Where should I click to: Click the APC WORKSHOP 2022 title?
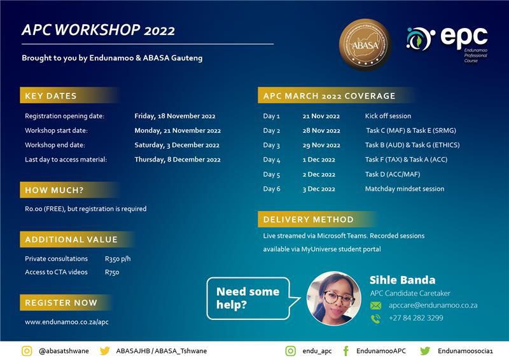click(98, 31)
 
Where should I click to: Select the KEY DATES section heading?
click(51, 96)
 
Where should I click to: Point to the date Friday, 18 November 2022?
click(175, 116)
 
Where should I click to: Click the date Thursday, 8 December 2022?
click(178, 160)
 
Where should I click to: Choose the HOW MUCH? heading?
click(54, 190)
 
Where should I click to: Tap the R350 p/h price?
click(118, 259)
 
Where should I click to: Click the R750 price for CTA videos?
click(112, 272)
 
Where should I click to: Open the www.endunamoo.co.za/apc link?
click(67, 322)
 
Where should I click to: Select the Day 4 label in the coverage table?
click(272, 160)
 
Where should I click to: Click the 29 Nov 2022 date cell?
click(321, 145)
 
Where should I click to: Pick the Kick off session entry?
click(388, 116)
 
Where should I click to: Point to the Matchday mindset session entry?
click(405, 189)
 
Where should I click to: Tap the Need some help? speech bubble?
click(248, 298)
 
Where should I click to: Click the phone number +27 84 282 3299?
click(416, 318)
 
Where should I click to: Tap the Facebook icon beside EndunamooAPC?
click(345, 350)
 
